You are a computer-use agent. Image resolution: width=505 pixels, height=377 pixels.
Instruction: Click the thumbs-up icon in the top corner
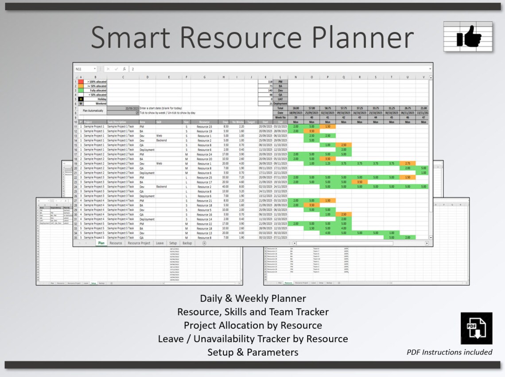468,36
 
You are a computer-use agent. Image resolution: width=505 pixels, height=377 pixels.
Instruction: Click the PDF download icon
476,328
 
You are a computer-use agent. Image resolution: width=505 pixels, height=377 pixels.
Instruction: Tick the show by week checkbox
137,113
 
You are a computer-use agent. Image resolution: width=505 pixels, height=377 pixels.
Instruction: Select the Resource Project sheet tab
139,243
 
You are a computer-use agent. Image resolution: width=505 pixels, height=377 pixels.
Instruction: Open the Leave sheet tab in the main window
159,243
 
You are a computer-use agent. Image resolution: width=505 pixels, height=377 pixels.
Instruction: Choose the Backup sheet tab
187,243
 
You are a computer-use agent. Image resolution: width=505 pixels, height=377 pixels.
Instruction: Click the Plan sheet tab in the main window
101,243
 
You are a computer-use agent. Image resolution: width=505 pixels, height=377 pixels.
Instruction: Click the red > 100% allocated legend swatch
81,82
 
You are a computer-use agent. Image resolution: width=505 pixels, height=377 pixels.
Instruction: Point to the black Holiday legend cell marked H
81,99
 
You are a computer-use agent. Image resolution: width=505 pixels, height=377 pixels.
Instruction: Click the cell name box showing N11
84,69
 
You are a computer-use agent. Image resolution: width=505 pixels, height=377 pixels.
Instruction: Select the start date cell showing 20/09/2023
123,108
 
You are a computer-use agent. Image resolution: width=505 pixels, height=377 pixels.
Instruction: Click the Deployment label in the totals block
280,104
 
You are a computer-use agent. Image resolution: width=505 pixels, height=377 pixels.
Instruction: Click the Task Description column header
117,122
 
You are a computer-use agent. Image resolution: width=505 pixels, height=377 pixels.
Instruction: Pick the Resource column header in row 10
204,122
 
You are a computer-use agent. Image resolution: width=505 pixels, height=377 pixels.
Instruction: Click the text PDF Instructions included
449,352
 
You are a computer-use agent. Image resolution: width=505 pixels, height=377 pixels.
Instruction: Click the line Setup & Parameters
252,352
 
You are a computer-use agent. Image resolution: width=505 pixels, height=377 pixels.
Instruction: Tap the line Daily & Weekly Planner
252,298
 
